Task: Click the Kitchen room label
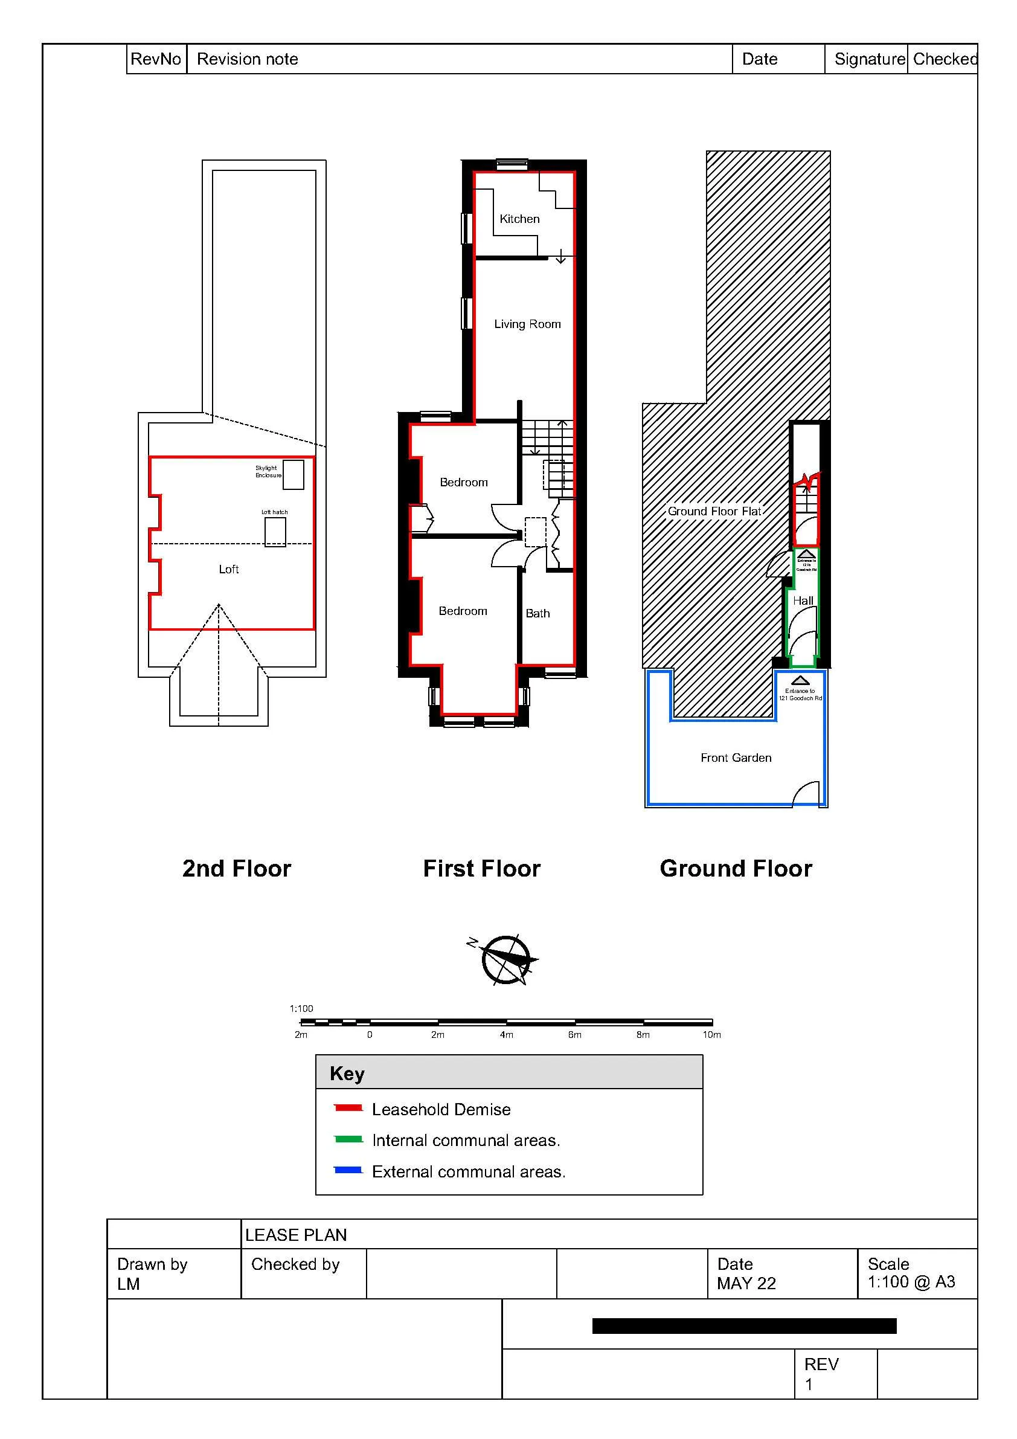(519, 219)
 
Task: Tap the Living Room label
(527, 324)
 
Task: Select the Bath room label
(537, 614)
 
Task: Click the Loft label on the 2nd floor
(229, 569)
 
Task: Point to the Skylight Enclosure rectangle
(294, 474)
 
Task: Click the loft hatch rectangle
(275, 532)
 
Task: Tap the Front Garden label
(736, 758)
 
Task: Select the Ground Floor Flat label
(714, 512)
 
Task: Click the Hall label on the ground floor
(803, 600)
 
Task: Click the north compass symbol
(505, 959)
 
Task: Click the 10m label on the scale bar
(711, 1035)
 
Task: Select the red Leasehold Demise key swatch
(348, 1108)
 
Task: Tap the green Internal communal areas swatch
(348, 1139)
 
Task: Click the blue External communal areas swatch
(348, 1170)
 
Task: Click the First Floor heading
(481, 869)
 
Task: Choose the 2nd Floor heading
(236, 869)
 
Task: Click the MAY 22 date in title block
(746, 1284)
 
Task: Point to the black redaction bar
(744, 1325)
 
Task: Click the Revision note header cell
(247, 59)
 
